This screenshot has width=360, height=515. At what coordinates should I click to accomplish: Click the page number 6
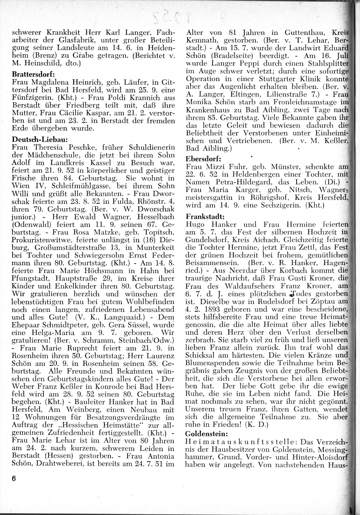click(x=14, y=478)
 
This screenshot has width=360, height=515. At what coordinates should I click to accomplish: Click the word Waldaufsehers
click(x=261, y=285)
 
